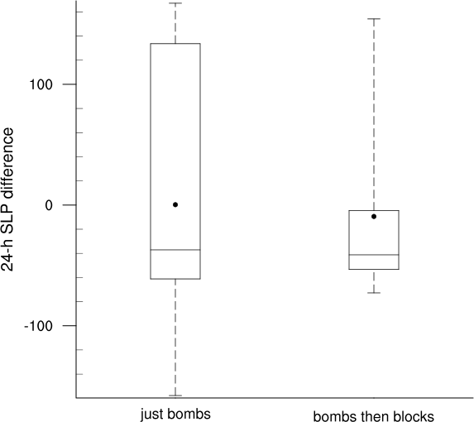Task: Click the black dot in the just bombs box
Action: (175, 204)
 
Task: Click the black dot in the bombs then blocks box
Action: (374, 217)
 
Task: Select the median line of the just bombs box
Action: (175, 250)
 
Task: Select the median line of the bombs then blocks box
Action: (374, 255)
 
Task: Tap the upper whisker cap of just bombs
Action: (175, 3)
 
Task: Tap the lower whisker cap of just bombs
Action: (175, 396)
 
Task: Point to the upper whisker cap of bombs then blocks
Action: (374, 19)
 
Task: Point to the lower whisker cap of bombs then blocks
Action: (374, 293)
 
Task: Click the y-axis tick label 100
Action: (41, 84)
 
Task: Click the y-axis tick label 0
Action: (49, 205)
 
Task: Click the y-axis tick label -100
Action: (38, 326)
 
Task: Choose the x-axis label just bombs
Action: (175, 415)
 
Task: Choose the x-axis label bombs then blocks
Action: (374, 416)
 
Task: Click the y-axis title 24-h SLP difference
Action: (7, 199)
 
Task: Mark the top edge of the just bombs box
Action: (175, 44)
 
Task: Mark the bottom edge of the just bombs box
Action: (175, 279)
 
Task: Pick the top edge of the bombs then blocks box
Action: (374, 210)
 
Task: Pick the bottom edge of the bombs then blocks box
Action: (374, 269)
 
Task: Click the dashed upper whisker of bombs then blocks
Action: (374, 114)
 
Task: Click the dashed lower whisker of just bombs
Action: (175, 337)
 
